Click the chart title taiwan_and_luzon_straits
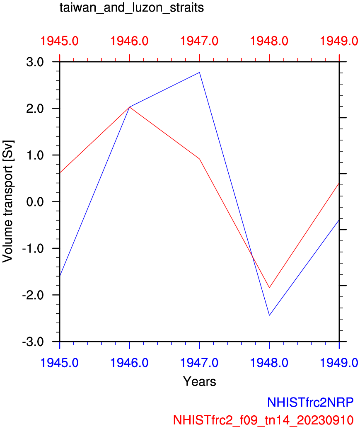click(x=132, y=8)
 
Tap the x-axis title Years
click(x=200, y=381)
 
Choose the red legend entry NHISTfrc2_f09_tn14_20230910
click(x=263, y=419)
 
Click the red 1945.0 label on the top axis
click(x=60, y=41)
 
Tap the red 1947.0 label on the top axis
click(x=200, y=41)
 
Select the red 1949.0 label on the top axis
click(x=339, y=41)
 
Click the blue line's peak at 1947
click(x=200, y=73)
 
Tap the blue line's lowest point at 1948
click(x=269, y=315)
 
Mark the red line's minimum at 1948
click(x=270, y=288)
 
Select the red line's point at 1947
click(x=200, y=159)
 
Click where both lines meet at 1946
click(x=130, y=107)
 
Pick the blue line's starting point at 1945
click(x=60, y=276)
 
